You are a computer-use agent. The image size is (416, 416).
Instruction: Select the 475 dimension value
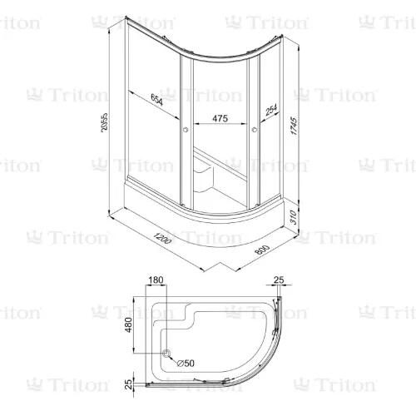click(x=219, y=118)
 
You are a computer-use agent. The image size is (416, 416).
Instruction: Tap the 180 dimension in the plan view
click(x=157, y=280)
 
